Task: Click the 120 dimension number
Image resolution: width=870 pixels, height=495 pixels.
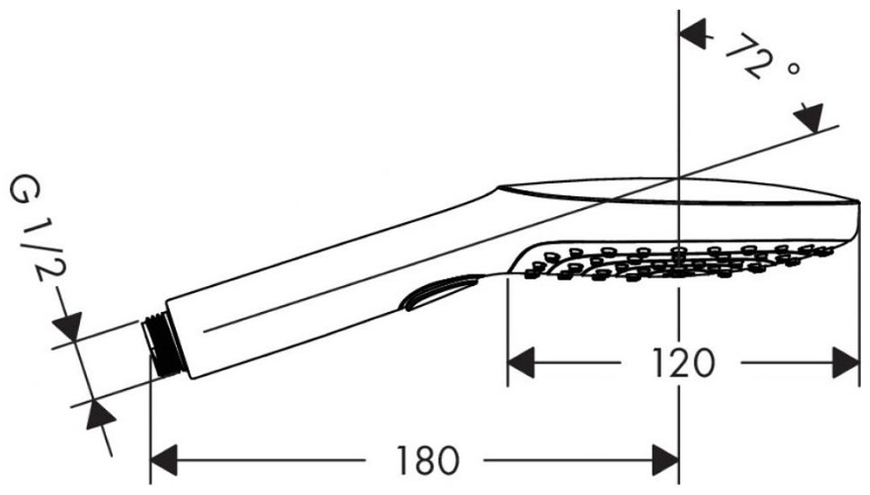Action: (x=682, y=363)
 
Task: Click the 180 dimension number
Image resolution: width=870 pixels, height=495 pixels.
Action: (x=427, y=460)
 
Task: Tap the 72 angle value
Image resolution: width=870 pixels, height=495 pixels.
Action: (x=749, y=56)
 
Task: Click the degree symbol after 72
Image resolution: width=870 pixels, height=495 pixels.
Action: (x=794, y=69)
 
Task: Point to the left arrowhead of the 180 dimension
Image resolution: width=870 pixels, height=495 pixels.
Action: (x=164, y=460)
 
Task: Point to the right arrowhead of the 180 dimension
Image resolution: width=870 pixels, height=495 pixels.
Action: (x=666, y=460)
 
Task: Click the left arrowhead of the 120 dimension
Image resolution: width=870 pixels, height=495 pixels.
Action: (x=521, y=363)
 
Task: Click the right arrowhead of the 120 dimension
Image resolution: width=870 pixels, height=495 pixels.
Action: (x=846, y=363)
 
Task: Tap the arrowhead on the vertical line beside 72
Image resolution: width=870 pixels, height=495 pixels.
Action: (x=692, y=33)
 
